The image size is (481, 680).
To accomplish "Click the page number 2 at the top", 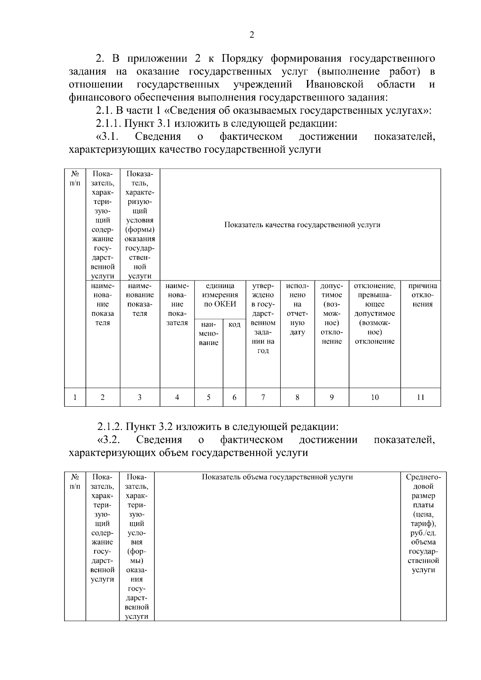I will (252, 35).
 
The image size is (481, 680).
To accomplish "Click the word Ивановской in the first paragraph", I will (334, 85).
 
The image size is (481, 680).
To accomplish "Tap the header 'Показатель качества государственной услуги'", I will (302, 225).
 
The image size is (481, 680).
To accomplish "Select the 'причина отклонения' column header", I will (422, 295).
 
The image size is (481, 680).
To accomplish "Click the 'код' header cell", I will (234, 325).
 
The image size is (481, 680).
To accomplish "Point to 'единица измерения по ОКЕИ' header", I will (220, 295).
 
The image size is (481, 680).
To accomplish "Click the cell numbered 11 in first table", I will (420, 398).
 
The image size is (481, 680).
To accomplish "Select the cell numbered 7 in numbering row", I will (263, 398).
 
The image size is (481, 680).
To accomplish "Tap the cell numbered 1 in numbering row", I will (75, 398).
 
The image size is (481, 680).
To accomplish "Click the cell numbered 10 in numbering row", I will (374, 398).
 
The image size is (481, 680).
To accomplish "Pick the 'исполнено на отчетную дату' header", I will (297, 309).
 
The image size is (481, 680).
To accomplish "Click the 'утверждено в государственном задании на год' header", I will (263, 318).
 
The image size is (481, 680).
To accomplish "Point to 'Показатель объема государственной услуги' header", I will (277, 477).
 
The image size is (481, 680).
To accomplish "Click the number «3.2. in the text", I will (109, 440).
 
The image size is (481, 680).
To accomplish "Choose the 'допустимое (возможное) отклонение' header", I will (331, 313).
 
